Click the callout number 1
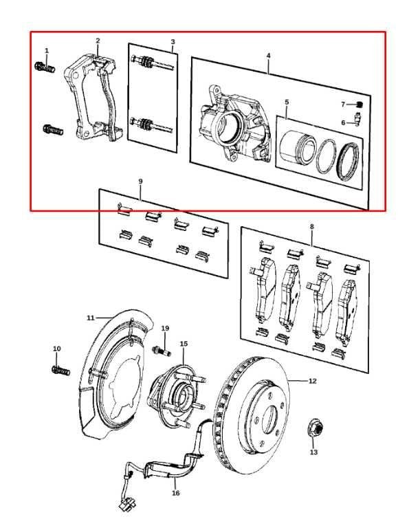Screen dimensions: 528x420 47,51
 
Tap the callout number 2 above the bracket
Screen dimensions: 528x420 98,41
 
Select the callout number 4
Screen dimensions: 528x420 269,54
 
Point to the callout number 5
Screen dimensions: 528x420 287,102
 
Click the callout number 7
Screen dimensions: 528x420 343,104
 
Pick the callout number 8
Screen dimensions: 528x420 311,225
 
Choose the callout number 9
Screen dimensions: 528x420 140,181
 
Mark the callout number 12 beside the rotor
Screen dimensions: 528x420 312,380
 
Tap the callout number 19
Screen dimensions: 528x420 165,328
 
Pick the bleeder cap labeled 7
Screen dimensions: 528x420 359,104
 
